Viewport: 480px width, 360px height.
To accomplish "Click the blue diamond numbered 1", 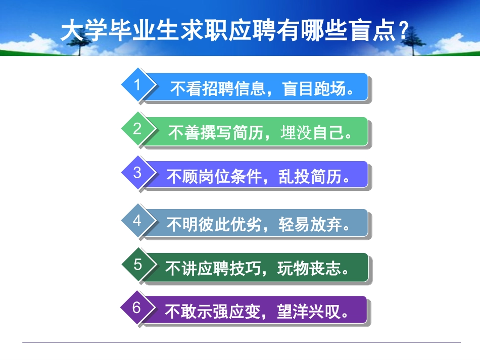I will click(x=137, y=85).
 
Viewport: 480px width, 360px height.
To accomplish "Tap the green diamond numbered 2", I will click(x=137, y=129).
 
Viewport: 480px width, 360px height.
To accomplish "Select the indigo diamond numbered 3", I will click(x=137, y=173).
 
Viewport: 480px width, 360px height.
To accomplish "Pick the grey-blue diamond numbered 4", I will click(x=137, y=221).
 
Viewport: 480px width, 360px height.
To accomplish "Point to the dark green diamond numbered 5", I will click(x=138, y=265).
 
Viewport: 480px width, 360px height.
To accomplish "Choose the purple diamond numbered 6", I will click(x=137, y=307).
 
